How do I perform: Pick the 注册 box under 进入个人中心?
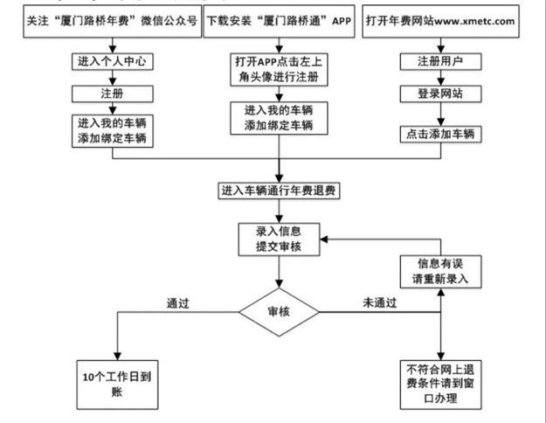tap(109, 94)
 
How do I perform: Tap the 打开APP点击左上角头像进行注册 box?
tap(280, 69)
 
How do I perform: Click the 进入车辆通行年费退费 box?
tap(279, 191)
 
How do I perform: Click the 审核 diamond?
tap(280, 310)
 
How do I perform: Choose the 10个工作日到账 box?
tap(116, 383)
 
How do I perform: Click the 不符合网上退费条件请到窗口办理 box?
tap(439, 383)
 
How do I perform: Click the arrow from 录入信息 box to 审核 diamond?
tap(280, 273)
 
